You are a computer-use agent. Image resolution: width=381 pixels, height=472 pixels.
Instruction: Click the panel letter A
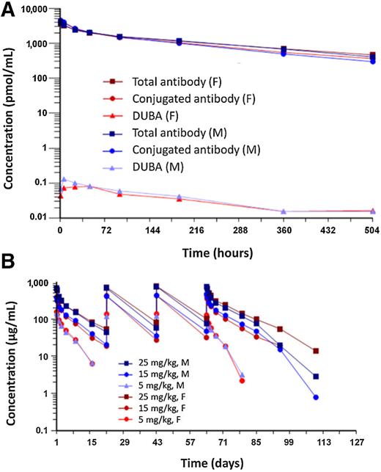[10, 8]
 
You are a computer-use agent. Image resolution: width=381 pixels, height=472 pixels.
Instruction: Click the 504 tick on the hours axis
[371, 230]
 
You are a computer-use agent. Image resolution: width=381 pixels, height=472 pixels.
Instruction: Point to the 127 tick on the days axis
[357, 443]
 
